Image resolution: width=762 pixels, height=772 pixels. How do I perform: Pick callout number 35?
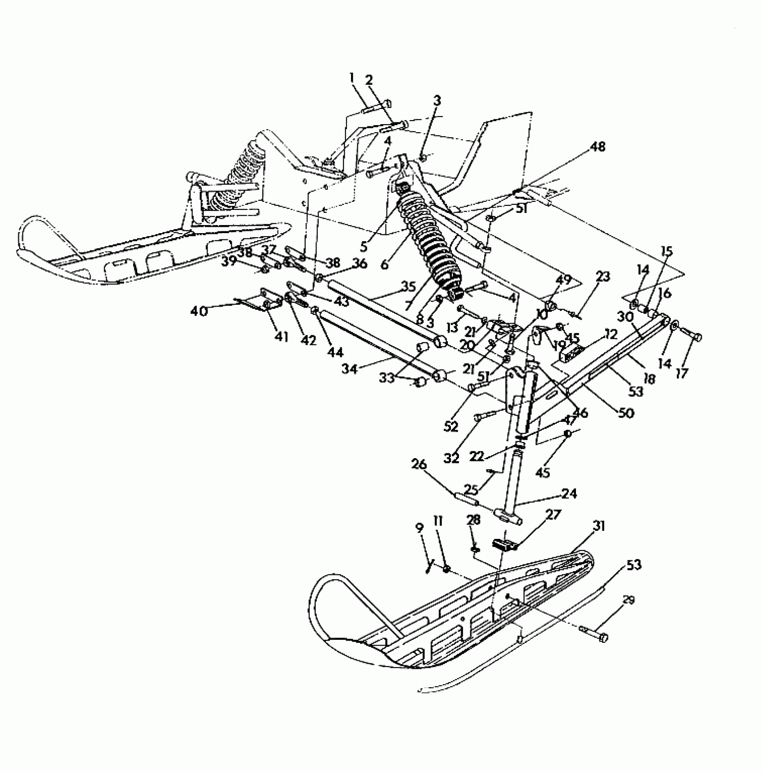[x=408, y=286]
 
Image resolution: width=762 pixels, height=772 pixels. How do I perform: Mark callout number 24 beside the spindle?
[x=569, y=494]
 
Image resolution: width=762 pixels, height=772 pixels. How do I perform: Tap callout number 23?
[x=603, y=276]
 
